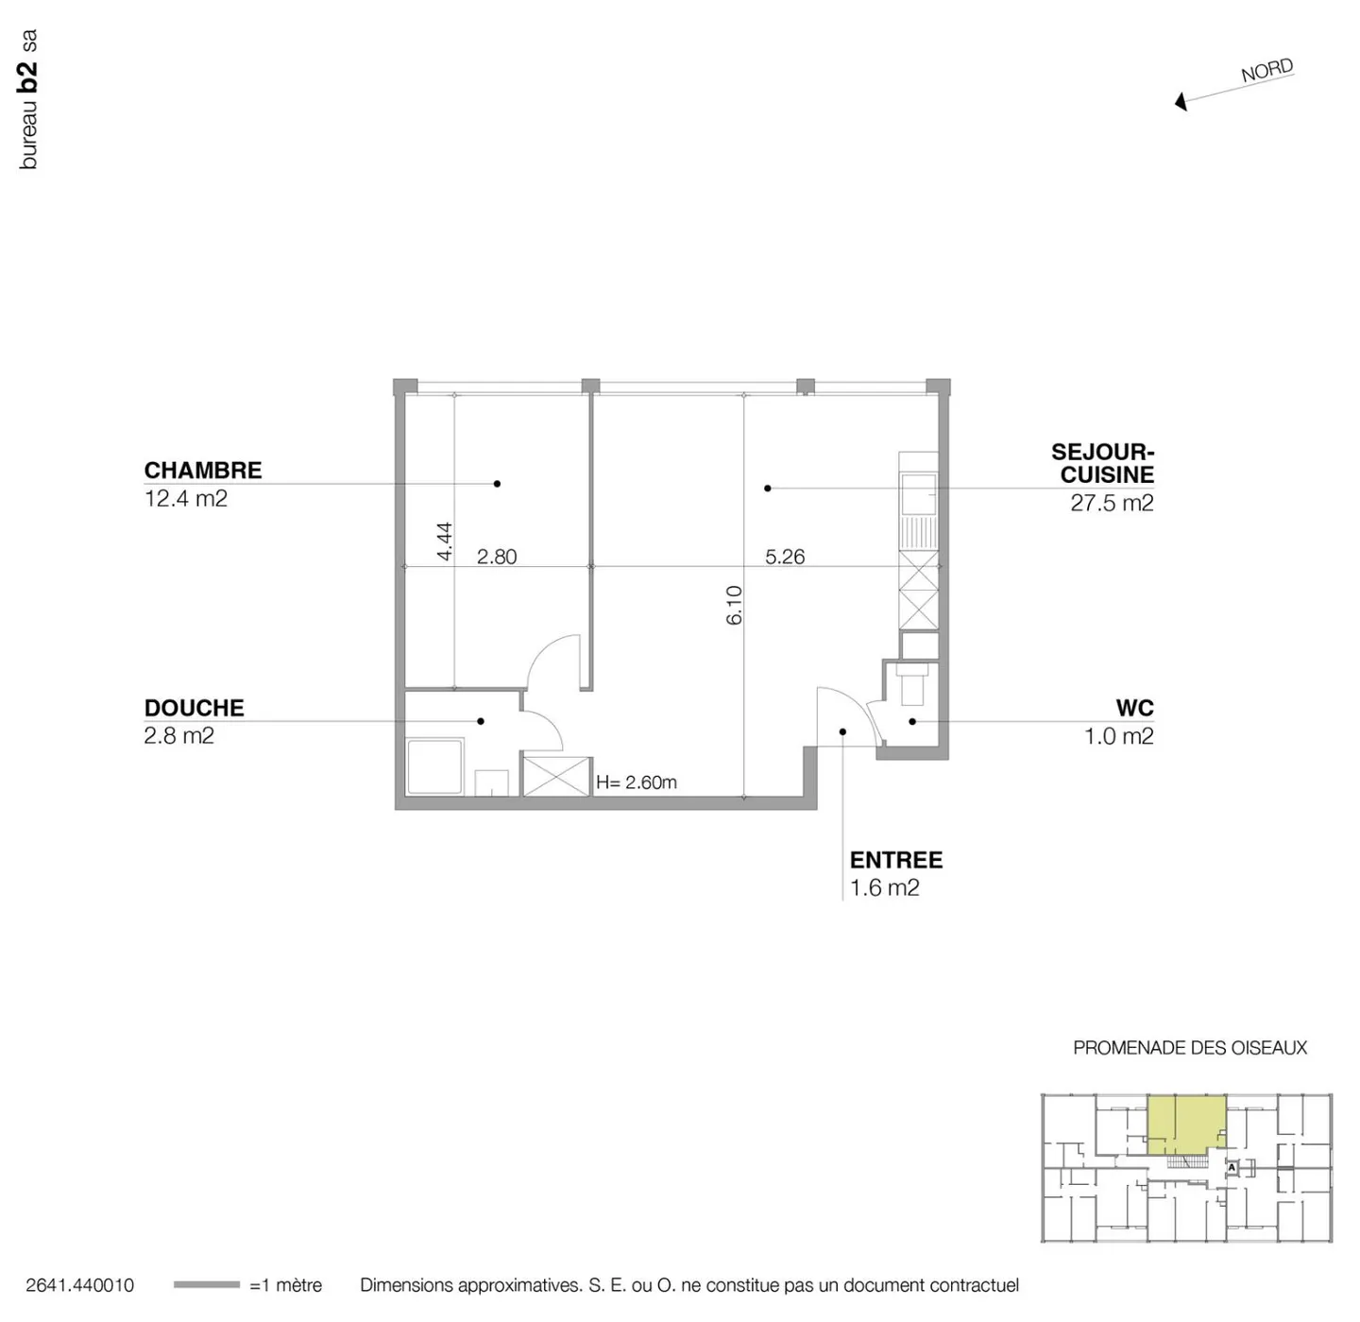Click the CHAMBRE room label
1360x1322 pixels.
click(203, 470)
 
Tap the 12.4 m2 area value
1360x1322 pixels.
click(186, 498)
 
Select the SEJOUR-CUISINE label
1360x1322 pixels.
click(1103, 463)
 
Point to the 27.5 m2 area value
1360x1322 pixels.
click(1112, 503)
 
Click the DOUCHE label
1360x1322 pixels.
click(194, 708)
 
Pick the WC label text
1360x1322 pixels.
click(1134, 708)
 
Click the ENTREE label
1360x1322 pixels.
click(896, 860)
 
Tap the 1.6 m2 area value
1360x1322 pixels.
click(885, 887)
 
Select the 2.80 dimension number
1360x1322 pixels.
click(497, 557)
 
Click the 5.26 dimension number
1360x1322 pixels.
click(785, 557)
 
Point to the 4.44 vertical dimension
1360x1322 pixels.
click(444, 541)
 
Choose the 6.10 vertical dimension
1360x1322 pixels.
click(734, 605)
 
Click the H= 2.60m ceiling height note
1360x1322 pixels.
click(637, 782)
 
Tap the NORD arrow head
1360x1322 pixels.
click(1181, 102)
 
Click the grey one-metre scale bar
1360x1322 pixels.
click(207, 1285)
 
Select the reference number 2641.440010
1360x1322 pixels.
click(80, 1285)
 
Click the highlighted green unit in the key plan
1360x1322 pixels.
click(1186, 1123)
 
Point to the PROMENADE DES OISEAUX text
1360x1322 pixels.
click(1190, 1048)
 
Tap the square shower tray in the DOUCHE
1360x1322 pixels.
click(434, 766)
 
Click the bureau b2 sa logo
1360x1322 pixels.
click(28, 100)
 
